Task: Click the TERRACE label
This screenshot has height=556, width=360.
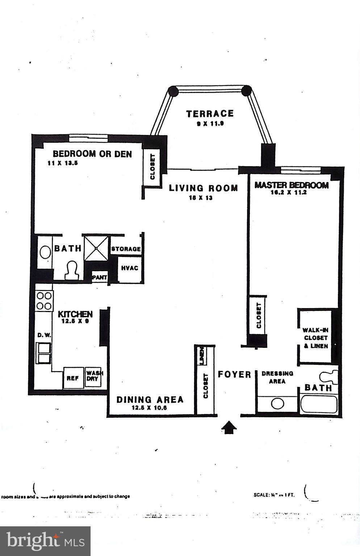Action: click(x=210, y=114)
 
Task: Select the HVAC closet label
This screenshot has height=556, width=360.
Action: click(x=129, y=268)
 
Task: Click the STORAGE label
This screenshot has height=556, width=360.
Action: click(x=126, y=249)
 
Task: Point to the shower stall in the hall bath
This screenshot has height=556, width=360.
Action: click(x=96, y=248)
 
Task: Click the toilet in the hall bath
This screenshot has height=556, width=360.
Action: click(x=72, y=270)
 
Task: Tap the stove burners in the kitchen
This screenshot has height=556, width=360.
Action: click(x=44, y=301)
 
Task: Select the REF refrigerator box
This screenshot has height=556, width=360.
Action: click(x=73, y=378)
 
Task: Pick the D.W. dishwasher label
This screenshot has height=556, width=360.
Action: click(x=44, y=335)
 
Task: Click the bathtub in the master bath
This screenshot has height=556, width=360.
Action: click(x=319, y=405)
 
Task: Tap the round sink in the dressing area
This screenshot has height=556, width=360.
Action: click(x=277, y=404)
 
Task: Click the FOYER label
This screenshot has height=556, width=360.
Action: click(x=234, y=374)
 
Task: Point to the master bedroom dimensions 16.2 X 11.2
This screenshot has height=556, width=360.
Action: click(x=289, y=193)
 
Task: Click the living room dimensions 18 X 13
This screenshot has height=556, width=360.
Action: click(x=200, y=198)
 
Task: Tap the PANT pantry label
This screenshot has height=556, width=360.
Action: click(x=100, y=277)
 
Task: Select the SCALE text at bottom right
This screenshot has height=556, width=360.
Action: click(x=274, y=494)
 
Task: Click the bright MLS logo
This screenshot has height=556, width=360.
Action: click(x=45, y=541)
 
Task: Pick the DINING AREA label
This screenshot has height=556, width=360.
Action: click(x=150, y=400)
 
